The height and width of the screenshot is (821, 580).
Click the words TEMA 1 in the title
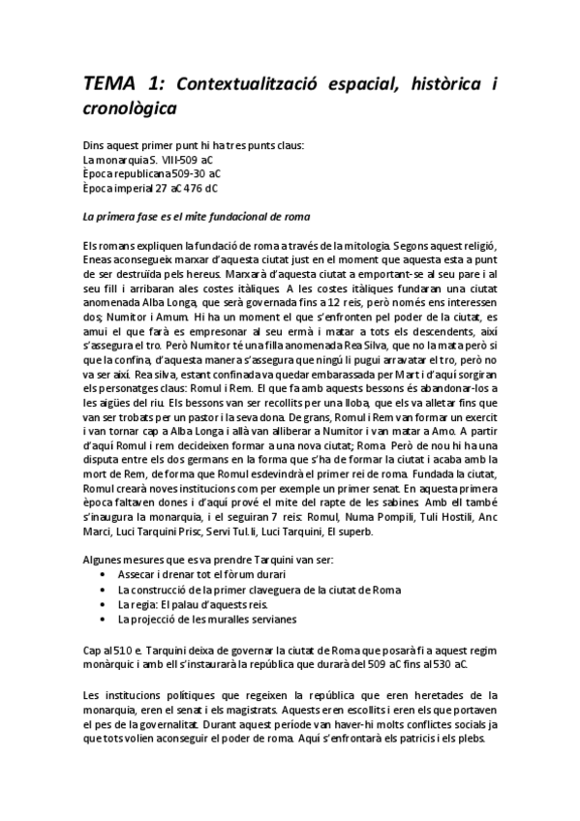[114, 86]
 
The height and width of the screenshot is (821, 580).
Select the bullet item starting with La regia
[187, 601]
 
